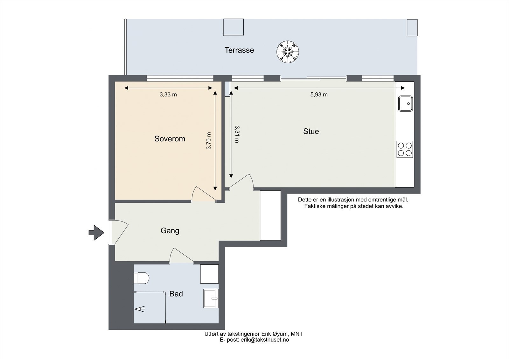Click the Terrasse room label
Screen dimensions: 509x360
239,50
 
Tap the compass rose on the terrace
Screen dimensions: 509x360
288,52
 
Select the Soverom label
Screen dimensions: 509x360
170,139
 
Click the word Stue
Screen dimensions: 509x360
311,131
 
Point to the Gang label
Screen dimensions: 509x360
170,231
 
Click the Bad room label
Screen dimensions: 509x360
176,294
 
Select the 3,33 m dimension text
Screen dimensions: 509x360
168,95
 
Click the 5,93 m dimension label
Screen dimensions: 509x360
319,95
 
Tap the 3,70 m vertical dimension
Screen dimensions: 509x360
209,141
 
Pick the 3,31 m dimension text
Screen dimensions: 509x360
237,134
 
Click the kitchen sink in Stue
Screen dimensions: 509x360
406,103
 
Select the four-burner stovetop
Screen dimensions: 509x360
405,149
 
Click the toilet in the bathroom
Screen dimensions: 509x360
141,278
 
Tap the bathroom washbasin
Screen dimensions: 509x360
211,298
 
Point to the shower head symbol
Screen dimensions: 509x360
140,309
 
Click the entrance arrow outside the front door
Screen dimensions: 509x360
96,233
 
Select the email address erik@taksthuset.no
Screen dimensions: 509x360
265,340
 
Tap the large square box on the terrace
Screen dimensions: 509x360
234,27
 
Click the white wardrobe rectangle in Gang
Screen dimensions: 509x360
270,215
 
